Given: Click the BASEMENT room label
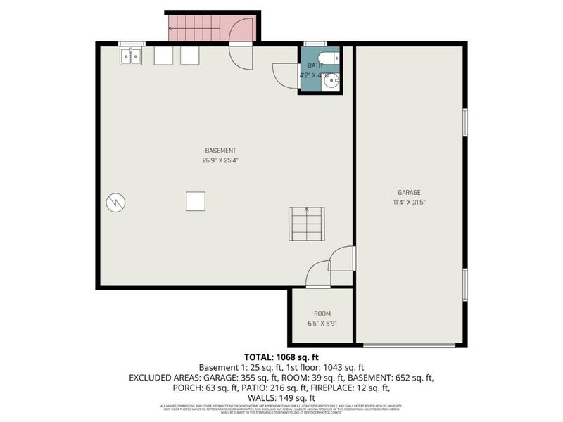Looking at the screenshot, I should pyautogui.click(x=220, y=151).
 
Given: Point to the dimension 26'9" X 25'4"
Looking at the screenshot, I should pyautogui.click(x=220, y=160).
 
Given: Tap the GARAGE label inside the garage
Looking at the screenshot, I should pyautogui.click(x=409, y=192).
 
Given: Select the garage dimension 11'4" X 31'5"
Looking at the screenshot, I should pyautogui.click(x=409, y=201).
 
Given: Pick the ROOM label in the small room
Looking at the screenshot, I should pyautogui.click(x=322, y=314).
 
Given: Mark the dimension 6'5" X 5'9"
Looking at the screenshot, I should pyautogui.click(x=322, y=323).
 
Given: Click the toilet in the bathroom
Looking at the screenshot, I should pyautogui.click(x=330, y=58).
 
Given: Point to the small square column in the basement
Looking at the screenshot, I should pyautogui.click(x=196, y=201).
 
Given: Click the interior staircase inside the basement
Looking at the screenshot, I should pyautogui.click(x=306, y=224).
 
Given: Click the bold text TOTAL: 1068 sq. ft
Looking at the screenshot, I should pyautogui.click(x=281, y=357).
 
